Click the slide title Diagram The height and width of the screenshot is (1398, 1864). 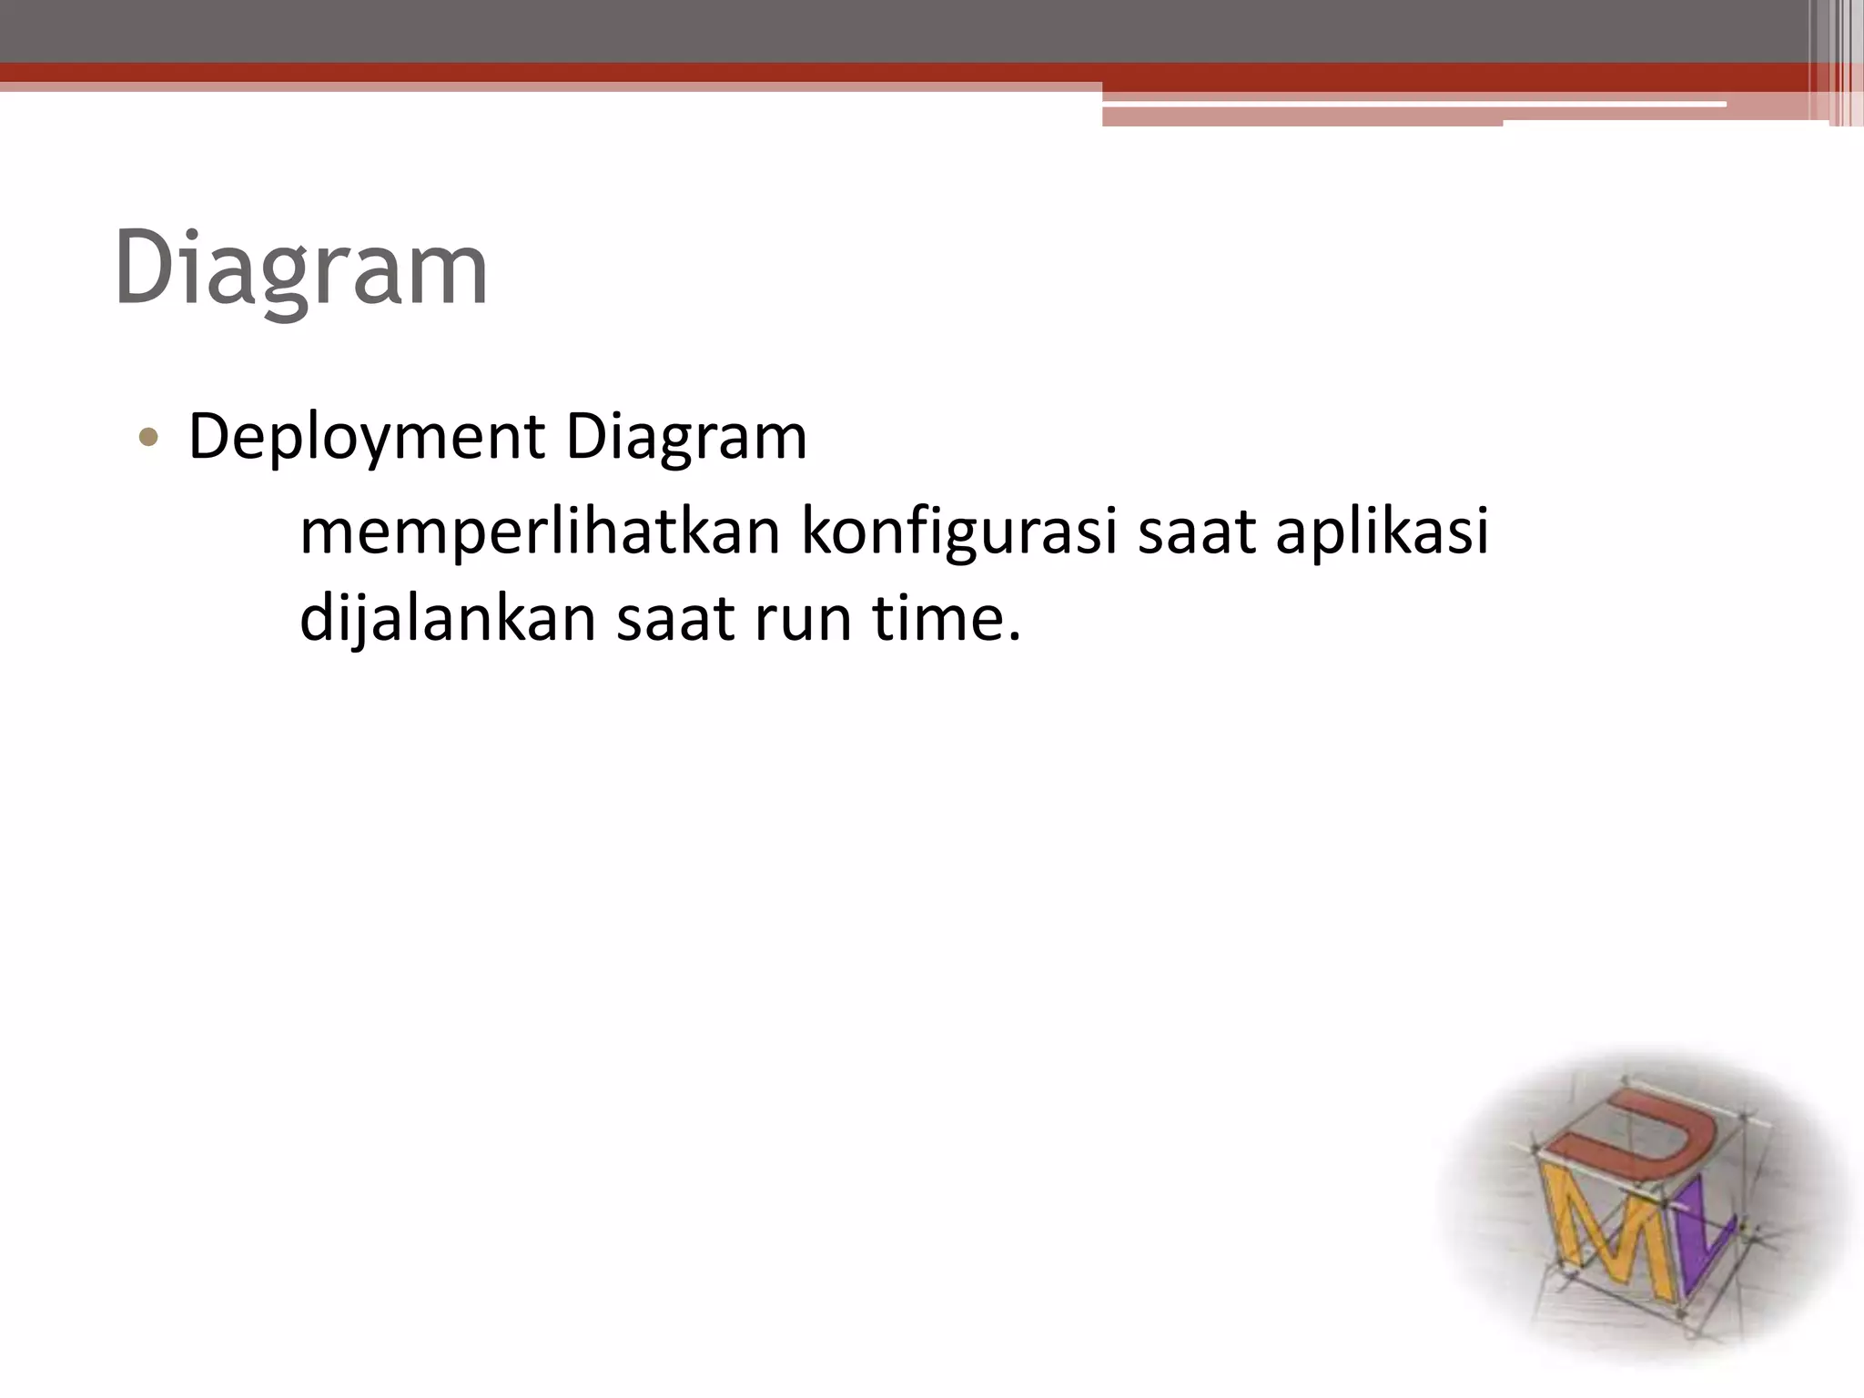point(301,269)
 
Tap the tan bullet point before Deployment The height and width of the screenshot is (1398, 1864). point(148,440)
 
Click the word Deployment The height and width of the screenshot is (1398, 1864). point(366,438)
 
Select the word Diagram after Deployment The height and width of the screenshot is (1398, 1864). point(686,438)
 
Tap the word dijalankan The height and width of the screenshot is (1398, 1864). point(447,619)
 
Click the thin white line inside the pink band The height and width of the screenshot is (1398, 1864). point(1411,105)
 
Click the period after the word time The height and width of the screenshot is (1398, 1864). point(1014,637)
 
